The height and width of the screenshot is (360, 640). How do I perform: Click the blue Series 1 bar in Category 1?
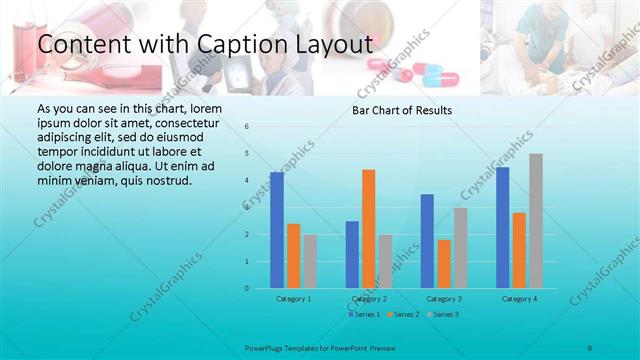point(277,230)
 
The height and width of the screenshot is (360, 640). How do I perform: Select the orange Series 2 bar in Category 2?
point(368,229)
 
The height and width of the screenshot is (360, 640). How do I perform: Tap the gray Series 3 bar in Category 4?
point(536,221)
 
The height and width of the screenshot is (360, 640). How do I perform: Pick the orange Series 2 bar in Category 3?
point(444,264)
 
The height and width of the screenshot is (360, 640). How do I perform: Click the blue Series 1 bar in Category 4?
point(503,228)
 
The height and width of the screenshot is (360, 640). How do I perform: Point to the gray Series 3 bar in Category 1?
point(310,261)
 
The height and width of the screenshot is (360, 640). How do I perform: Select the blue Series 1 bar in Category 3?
point(427,241)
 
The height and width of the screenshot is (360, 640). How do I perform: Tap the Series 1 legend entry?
point(364,314)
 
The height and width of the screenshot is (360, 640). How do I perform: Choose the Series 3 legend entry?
point(444,314)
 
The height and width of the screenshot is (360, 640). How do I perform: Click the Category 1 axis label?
point(293,298)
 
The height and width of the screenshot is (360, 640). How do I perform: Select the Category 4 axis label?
point(519,298)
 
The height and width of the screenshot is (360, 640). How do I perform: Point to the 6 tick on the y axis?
point(247,127)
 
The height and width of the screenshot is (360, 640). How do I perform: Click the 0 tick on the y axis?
point(247,289)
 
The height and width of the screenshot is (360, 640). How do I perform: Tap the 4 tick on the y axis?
point(247,181)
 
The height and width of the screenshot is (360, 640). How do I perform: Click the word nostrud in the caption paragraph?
point(163,180)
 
